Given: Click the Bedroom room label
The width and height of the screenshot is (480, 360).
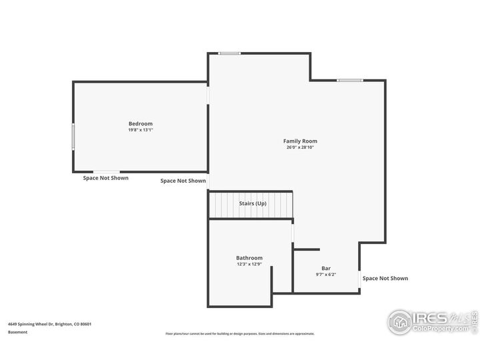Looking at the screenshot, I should pyautogui.click(x=141, y=123).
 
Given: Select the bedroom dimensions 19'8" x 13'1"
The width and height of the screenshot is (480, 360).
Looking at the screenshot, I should pyautogui.click(x=141, y=130).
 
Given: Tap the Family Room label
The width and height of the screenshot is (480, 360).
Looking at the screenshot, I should pyautogui.click(x=300, y=141).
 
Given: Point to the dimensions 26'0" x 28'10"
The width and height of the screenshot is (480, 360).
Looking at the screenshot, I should pyautogui.click(x=300, y=147).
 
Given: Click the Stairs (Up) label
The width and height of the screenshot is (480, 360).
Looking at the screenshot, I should pyautogui.click(x=253, y=203).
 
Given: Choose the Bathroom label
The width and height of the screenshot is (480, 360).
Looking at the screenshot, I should pyautogui.click(x=249, y=258).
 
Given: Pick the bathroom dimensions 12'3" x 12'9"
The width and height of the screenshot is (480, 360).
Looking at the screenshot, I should pyautogui.click(x=249, y=265).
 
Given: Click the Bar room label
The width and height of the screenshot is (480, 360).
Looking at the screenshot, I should pyautogui.click(x=326, y=268).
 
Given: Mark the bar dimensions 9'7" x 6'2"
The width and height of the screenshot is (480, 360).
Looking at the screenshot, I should pyautogui.click(x=326, y=275).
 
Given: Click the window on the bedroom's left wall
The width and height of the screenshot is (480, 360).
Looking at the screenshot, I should pyautogui.click(x=73, y=137).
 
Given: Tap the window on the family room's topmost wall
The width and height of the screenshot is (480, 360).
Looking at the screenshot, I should pyautogui.click(x=230, y=53).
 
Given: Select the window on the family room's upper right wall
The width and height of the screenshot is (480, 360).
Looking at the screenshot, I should pyautogui.click(x=349, y=81).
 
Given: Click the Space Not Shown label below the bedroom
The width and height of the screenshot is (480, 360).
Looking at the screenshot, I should pyautogui.click(x=106, y=178).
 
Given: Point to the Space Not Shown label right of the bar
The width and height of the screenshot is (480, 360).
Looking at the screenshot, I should pyautogui.click(x=385, y=278).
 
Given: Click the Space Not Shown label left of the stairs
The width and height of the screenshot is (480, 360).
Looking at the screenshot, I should pyautogui.click(x=183, y=181).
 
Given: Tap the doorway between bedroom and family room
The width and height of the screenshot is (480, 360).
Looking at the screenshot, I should pyautogui.click(x=208, y=95).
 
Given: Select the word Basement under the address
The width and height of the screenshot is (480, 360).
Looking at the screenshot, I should pyautogui.click(x=18, y=332).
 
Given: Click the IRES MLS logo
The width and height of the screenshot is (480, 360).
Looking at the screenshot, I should pyautogui.click(x=430, y=321).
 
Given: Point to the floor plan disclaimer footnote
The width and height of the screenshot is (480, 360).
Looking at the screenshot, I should pyautogui.click(x=240, y=333).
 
